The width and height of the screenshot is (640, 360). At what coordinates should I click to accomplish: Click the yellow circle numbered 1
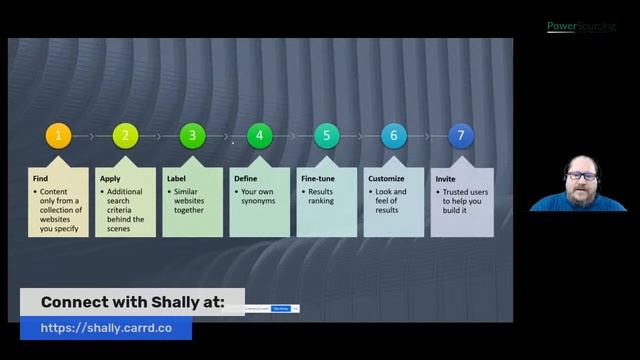point(59,136)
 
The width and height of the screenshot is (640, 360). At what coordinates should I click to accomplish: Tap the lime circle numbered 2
point(126,136)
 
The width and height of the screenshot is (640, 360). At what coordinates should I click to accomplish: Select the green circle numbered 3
point(193,136)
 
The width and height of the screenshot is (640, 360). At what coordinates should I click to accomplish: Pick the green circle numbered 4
point(260,136)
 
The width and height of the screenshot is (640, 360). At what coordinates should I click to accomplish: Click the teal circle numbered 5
point(327,136)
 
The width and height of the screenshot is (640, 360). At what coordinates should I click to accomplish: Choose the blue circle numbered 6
point(394,136)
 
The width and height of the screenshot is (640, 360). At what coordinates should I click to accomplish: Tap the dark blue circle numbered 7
point(461,136)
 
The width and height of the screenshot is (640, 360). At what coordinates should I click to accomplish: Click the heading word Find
point(40,178)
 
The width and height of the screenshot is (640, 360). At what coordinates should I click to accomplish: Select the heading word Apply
point(110,178)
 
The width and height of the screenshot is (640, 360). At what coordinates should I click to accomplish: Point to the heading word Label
point(176,178)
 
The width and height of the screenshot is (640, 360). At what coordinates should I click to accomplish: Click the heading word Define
point(246,178)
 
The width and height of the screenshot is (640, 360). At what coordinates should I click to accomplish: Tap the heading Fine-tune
point(318,178)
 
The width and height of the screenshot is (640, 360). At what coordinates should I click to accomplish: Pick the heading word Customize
point(386,178)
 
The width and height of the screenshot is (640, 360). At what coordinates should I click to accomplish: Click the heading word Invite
point(446,178)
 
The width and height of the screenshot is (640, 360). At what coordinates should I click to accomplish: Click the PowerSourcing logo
point(581,27)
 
